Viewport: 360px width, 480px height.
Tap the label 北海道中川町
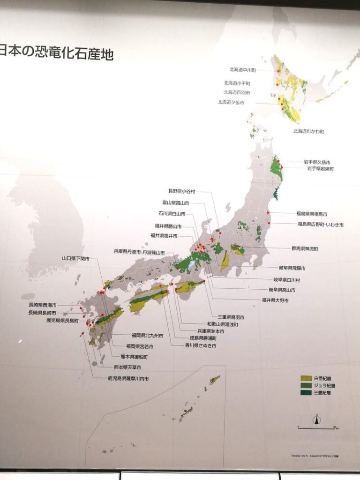coord(242,70)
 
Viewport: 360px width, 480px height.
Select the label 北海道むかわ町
coord(308,131)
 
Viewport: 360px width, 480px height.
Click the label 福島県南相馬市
coord(312,214)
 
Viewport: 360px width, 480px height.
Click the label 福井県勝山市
coord(168,226)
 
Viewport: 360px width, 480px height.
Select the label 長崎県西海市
coord(42,305)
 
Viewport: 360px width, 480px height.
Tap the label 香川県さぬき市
coord(200,345)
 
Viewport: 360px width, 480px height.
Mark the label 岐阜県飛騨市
coord(292,268)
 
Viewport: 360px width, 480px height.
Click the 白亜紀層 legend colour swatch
coord(306,378)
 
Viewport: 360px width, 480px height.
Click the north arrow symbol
coord(317,420)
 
